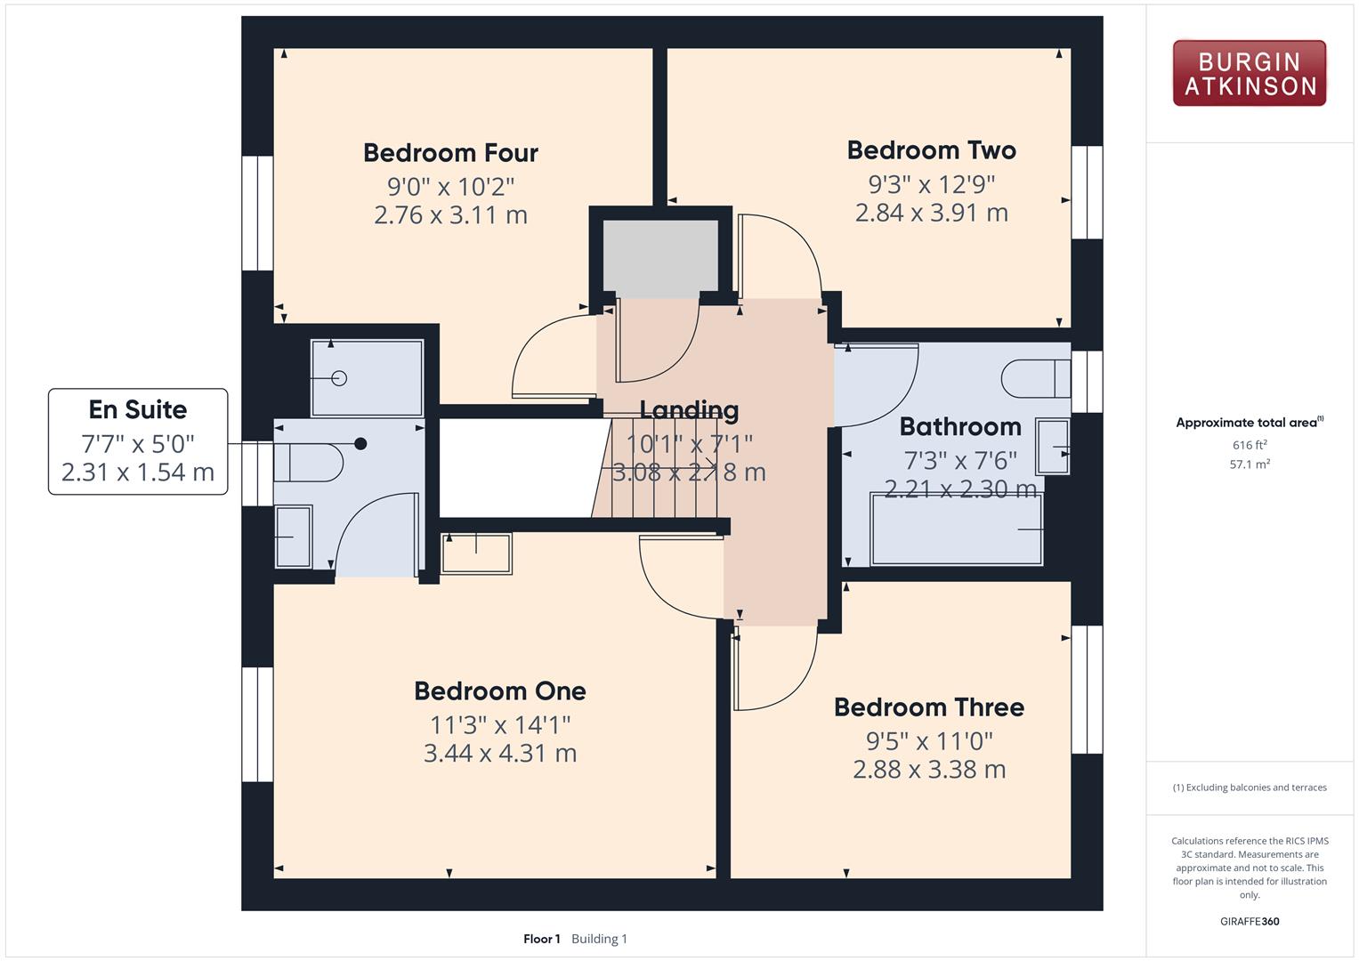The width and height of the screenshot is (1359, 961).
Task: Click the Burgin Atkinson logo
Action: coord(1250,73)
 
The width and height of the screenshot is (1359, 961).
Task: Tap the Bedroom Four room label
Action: coord(450,153)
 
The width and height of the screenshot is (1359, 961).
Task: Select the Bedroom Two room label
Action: coord(931,150)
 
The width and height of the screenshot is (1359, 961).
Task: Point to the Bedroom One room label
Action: coord(500,691)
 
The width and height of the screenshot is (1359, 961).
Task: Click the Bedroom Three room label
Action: coord(929,707)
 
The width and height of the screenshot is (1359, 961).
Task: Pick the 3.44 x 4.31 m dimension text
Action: coord(500,753)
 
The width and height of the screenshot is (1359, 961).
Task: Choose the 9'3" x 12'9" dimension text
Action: coord(931,184)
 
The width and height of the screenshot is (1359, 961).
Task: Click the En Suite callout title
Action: coord(138,409)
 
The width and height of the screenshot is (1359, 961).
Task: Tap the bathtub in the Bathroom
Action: coord(957,529)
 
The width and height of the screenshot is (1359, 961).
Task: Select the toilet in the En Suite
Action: coord(308,463)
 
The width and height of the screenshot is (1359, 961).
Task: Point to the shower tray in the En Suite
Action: coord(367,378)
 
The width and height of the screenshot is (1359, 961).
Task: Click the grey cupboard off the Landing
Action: coord(660,258)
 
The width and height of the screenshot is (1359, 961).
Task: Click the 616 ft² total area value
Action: coord(1250,445)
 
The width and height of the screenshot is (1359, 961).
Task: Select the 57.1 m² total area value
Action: coord(1250,464)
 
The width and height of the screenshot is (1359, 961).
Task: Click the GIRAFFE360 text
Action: coord(1250,921)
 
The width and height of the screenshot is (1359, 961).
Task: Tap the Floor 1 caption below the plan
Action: coord(541,939)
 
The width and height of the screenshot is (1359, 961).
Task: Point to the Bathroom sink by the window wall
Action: coord(1053,447)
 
